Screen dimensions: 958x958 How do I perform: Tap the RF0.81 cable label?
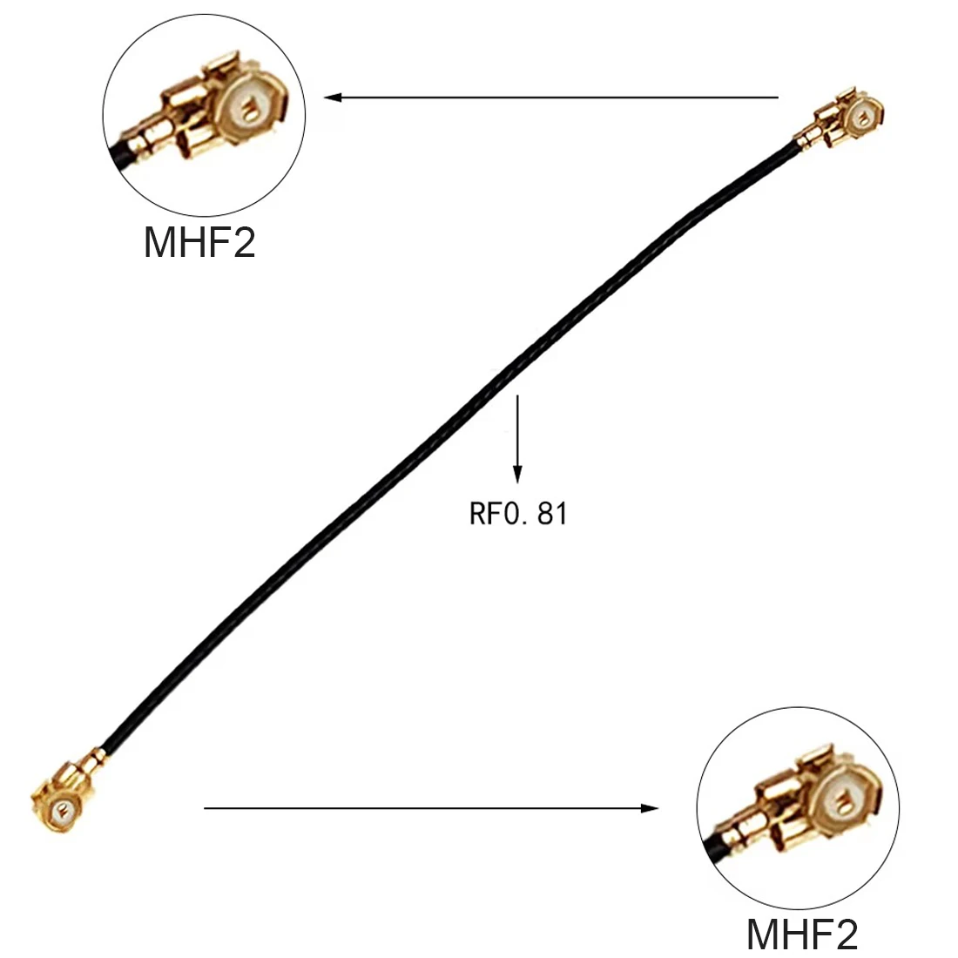(x=518, y=514)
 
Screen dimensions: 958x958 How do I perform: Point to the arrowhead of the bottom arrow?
(x=651, y=808)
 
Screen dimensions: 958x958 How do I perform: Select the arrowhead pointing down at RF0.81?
(x=518, y=475)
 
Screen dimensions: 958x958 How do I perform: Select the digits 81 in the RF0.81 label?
(x=553, y=514)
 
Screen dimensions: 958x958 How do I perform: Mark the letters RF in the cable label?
(x=483, y=514)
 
